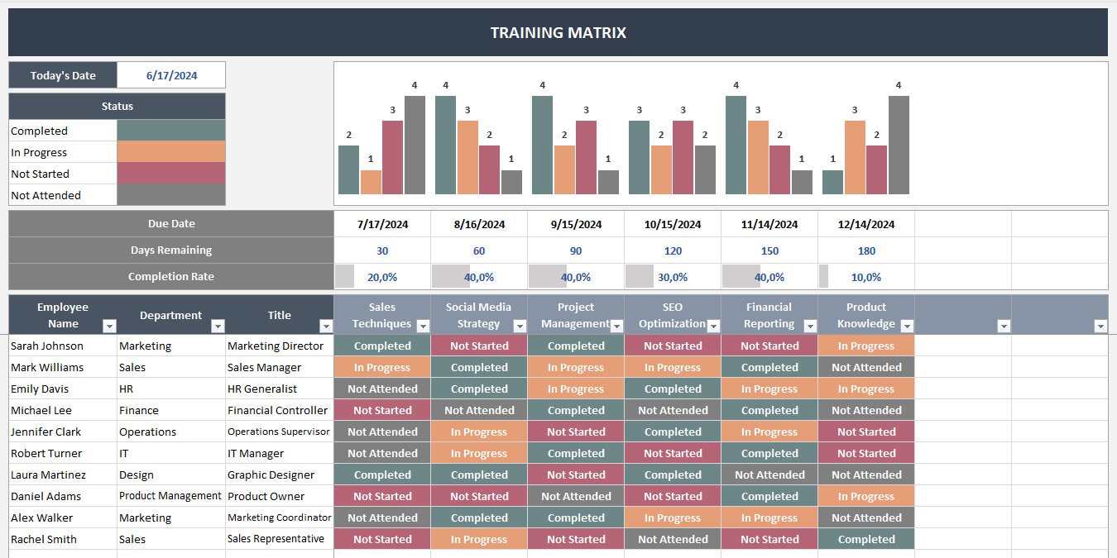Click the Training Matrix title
(x=558, y=33)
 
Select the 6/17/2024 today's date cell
(x=171, y=75)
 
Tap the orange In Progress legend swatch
(x=170, y=152)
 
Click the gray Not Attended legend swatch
(x=170, y=195)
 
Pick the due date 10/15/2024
(x=672, y=224)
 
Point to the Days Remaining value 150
(x=769, y=250)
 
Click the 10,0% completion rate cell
(x=865, y=277)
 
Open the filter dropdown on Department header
(x=218, y=326)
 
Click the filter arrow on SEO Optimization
(x=713, y=326)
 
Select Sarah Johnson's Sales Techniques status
(x=382, y=346)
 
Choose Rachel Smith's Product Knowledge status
(x=865, y=540)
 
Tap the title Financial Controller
(x=277, y=411)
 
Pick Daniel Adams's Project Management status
(x=576, y=497)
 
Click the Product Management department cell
(x=170, y=496)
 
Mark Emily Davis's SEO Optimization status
(x=672, y=389)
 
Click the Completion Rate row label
(x=170, y=277)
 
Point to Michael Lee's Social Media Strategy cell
(x=479, y=411)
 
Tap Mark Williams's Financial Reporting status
(x=769, y=368)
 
